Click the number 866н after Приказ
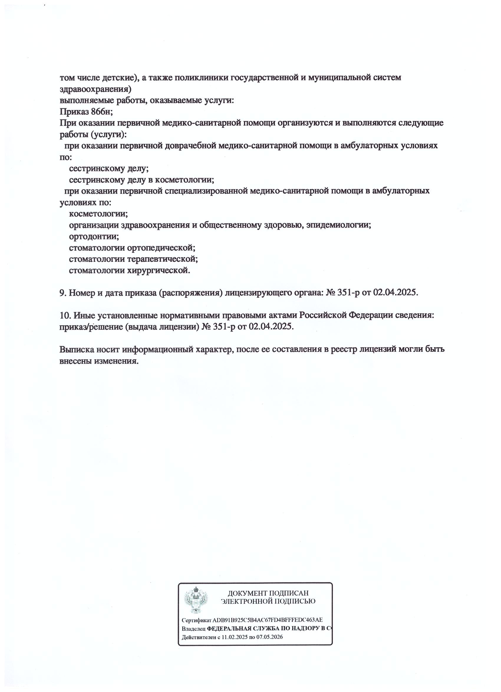tap(102, 112)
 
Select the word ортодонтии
tap(94, 236)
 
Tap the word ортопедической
tap(161, 247)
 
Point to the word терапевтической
tap(162, 259)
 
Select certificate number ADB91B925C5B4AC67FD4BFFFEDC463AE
tap(267, 620)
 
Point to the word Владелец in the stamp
tap(194, 629)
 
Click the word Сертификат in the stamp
tap(196, 620)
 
